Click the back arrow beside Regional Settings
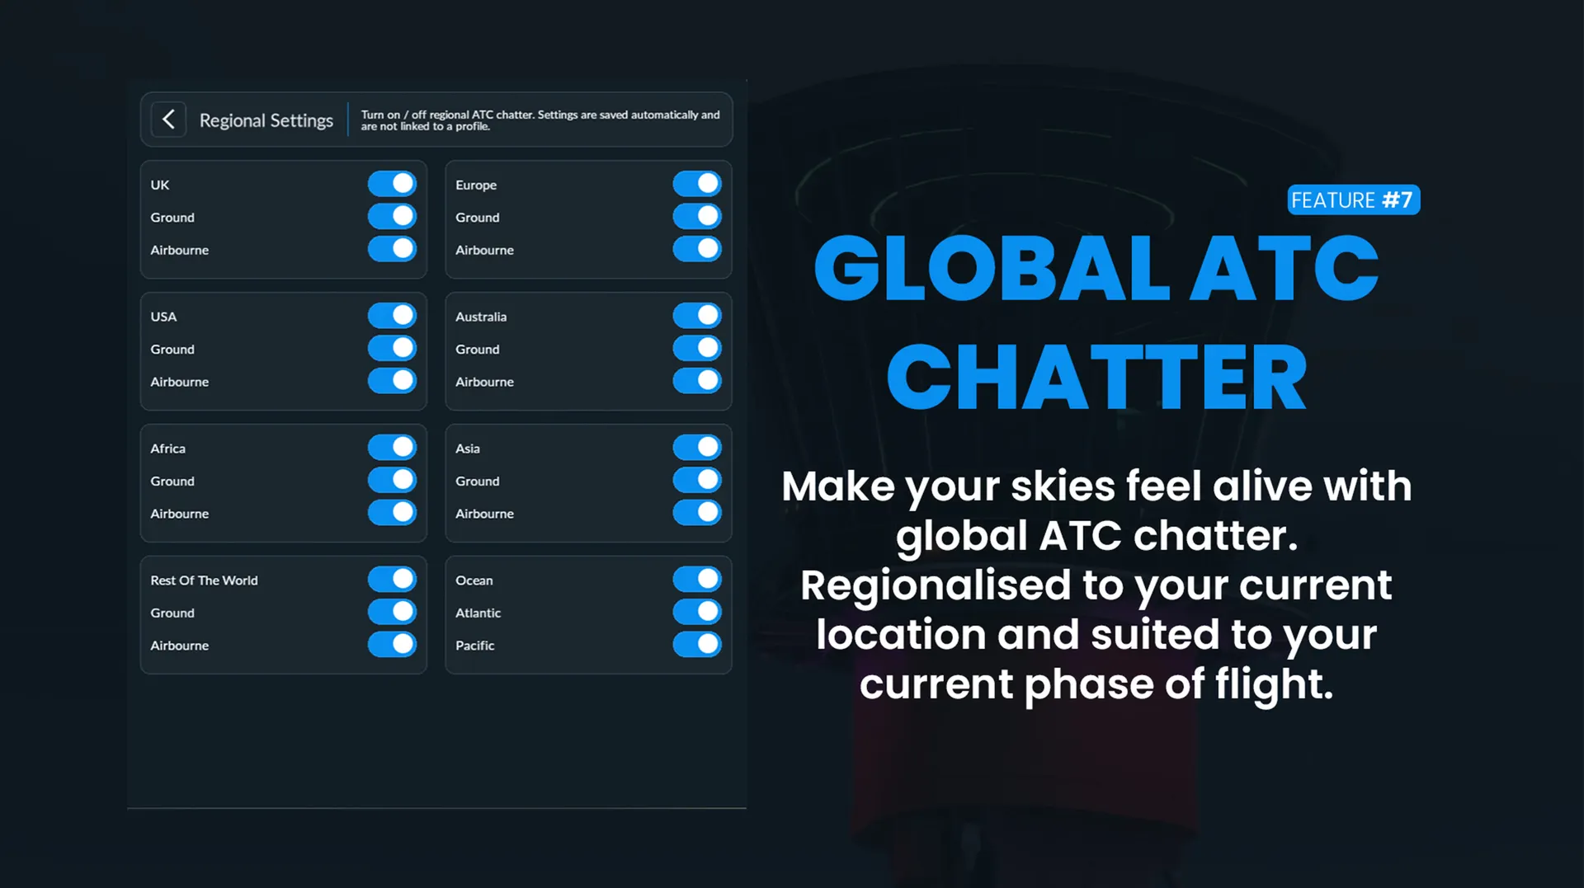point(168,120)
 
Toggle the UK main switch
point(392,184)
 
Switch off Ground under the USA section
point(392,348)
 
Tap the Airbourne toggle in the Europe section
point(697,249)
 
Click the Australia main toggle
point(697,316)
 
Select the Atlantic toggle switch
point(697,612)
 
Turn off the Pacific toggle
point(697,645)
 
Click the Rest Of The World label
point(204,580)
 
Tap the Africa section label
point(167,449)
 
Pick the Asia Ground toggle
point(697,480)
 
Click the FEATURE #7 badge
point(1353,200)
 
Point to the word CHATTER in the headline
point(1096,378)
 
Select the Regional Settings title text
point(266,120)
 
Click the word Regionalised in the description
point(936,586)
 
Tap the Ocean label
point(474,580)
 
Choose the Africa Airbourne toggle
point(392,513)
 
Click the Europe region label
point(476,186)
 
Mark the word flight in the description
point(1274,684)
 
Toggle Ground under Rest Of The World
point(392,612)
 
